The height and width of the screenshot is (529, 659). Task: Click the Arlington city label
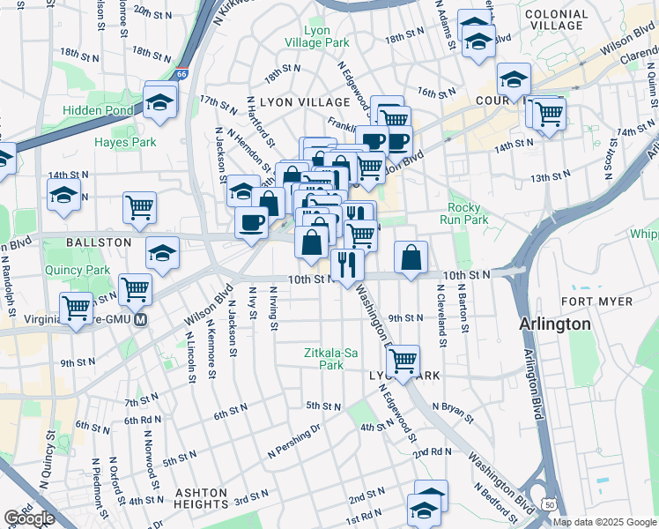(555, 324)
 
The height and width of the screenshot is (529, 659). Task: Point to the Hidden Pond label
(98, 111)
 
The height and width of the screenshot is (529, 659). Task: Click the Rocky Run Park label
(468, 213)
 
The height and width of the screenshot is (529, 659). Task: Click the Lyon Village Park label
(316, 36)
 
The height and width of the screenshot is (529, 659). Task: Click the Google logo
(30, 518)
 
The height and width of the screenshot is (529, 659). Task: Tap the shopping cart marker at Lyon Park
(403, 361)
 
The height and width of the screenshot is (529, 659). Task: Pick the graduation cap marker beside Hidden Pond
(160, 104)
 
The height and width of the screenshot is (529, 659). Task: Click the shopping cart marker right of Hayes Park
(139, 208)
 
